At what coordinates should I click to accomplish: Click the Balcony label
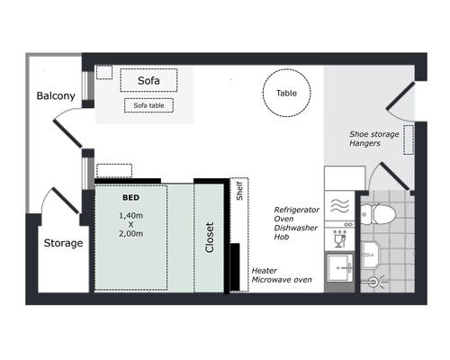[x=56, y=96]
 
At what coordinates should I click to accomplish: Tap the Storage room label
[x=63, y=243]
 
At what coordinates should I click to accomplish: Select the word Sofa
[x=148, y=80]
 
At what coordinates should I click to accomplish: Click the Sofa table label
[x=148, y=105]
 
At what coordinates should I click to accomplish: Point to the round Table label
[x=286, y=93]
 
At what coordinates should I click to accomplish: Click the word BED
[x=131, y=197]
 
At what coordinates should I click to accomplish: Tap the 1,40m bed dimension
[x=131, y=216]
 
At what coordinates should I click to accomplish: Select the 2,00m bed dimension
[x=131, y=234]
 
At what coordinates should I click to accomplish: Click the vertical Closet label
[x=210, y=238]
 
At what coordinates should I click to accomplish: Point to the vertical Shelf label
[x=239, y=191]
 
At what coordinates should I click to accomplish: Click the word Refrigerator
[x=297, y=210]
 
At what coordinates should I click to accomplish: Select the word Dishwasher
[x=296, y=228]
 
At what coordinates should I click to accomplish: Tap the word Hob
[x=282, y=237]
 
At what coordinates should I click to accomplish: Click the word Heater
[x=264, y=271]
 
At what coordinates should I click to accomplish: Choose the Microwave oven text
[x=282, y=280]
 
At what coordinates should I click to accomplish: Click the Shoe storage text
[x=374, y=134]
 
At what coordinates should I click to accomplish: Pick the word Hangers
[x=364, y=143]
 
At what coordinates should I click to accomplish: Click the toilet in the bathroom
[x=378, y=214]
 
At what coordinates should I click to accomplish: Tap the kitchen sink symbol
[x=340, y=268]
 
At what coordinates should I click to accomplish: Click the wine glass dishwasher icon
[x=340, y=238]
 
